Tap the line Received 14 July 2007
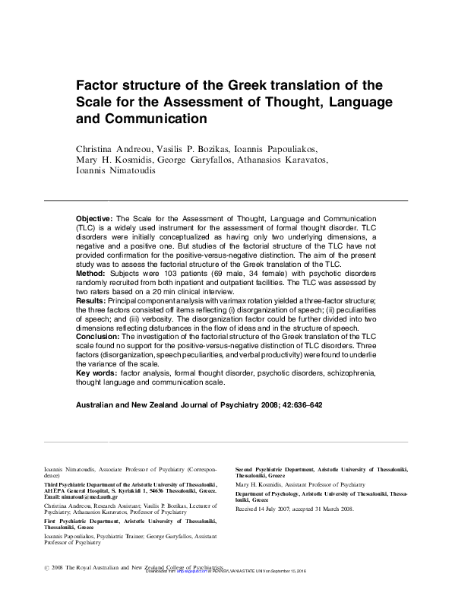click(271, 508)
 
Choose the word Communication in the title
click(154, 119)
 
